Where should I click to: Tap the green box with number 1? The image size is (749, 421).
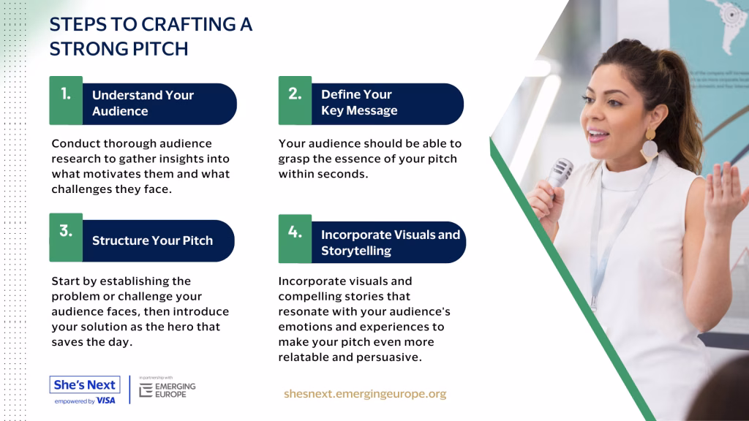click(x=66, y=100)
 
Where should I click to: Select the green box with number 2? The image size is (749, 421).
click(x=296, y=100)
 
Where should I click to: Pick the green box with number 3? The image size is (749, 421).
click(x=66, y=238)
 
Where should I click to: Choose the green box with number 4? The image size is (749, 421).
click(x=296, y=239)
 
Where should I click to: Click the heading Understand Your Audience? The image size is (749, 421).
click(x=143, y=103)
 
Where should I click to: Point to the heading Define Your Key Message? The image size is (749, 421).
click(x=359, y=102)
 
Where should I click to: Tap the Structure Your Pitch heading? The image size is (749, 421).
click(x=152, y=240)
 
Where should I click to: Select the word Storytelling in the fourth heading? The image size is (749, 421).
click(x=356, y=251)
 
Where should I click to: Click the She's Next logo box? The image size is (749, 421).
click(x=85, y=384)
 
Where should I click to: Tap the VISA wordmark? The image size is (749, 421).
click(x=105, y=401)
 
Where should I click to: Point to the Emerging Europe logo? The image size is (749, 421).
click(x=168, y=390)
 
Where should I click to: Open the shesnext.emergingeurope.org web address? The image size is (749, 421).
click(x=365, y=394)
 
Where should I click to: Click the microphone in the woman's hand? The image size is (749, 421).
click(x=560, y=172)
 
